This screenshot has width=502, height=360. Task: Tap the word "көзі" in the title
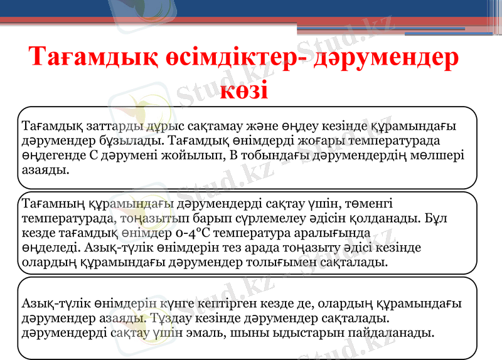coord(245,89)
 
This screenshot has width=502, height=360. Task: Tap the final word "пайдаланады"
coord(391,332)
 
